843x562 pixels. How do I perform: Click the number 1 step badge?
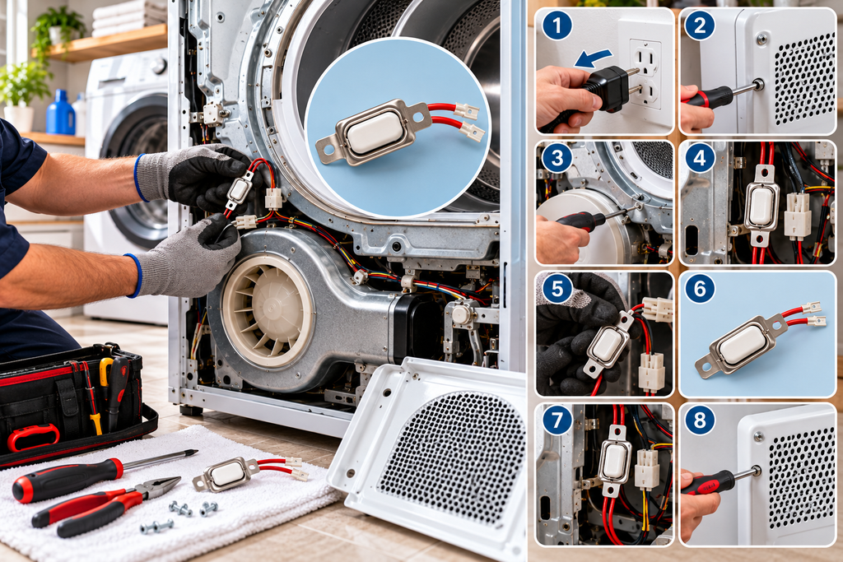(x=557, y=26)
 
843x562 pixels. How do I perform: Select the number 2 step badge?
(x=700, y=26)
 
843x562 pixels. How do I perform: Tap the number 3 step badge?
(x=557, y=158)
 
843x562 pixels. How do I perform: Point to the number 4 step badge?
(x=700, y=158)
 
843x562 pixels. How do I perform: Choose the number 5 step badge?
(x=557, y=289)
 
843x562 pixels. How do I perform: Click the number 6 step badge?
(x=700, y=289)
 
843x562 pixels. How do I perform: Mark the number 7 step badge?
(x=557, y=420)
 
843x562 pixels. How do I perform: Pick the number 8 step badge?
(x=700, y=420)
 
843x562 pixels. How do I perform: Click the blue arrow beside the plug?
(x=593, y=58)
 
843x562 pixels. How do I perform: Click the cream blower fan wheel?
(x=268, y=310)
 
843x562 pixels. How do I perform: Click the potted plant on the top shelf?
(x=58, y=30)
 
